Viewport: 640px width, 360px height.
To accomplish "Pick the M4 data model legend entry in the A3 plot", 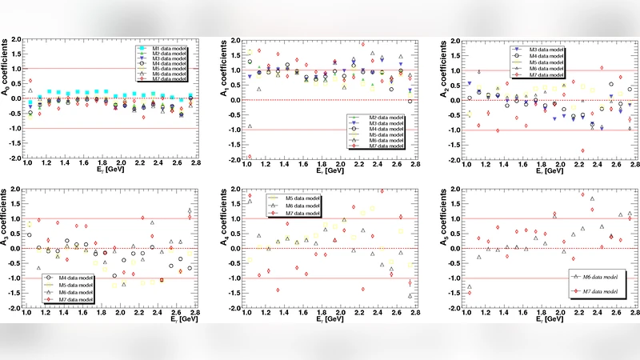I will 68,278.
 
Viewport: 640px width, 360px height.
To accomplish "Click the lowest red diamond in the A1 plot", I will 249,157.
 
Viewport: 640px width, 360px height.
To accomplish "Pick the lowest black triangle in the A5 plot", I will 469,286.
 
